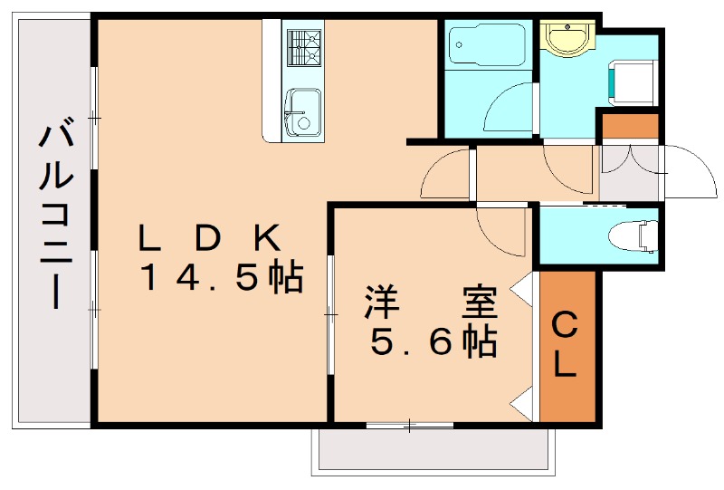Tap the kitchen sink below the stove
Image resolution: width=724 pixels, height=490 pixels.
[x=301, y=112]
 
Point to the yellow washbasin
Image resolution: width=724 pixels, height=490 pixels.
[x=567, y=39]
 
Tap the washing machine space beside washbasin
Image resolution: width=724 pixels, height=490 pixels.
[x=633, y=81]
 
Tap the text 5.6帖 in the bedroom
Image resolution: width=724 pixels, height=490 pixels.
[x=434, y=342]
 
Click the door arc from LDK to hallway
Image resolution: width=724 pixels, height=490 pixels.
[x=445, y=174]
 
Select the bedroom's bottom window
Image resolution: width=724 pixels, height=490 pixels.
[x=410, y=423]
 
